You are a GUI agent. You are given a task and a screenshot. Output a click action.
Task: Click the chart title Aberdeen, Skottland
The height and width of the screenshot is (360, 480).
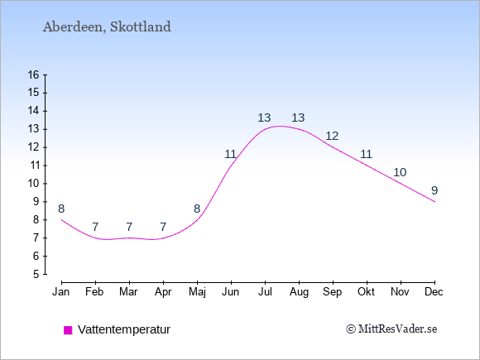pos(107,27)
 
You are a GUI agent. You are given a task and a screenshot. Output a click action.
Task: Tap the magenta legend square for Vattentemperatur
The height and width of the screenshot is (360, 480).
pos(68,330)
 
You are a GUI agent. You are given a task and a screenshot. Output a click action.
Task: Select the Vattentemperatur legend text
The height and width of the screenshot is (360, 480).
pos(124,329)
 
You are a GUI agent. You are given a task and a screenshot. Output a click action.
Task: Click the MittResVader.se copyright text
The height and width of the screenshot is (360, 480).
pos(391,329)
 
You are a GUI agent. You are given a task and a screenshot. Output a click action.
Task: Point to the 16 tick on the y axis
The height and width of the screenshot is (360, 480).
pos(33,74)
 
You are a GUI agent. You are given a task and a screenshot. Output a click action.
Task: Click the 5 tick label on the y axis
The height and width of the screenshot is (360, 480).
pos(36,274)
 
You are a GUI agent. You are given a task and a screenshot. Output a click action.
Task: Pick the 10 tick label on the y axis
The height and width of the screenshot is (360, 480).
pos(33,184)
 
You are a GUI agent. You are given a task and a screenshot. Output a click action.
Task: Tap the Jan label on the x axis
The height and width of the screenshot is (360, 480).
pos(61,292)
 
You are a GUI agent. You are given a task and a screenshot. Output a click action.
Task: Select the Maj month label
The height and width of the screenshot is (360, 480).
pos(197,292)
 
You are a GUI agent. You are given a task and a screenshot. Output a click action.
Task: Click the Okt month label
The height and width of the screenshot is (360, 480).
pos(366,292)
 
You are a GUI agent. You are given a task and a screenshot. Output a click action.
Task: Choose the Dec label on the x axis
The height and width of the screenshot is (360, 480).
pos(434,292)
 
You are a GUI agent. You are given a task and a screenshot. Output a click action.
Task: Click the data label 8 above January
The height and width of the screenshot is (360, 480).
pos(61,209)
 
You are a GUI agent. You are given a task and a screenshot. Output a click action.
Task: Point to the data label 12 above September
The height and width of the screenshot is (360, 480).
pos(332,136)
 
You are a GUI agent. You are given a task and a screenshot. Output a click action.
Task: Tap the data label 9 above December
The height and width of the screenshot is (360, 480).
pos(434,190)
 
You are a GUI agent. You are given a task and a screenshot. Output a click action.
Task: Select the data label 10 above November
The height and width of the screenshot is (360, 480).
pos(400,172)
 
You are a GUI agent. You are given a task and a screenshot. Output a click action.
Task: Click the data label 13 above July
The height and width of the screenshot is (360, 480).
pos(264,118)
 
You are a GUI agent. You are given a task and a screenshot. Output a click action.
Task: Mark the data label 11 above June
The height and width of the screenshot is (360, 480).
pos(231,154)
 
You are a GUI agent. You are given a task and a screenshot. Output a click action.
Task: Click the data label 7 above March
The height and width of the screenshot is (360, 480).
pos(129,227)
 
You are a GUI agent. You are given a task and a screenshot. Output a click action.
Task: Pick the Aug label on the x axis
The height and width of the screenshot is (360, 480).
pos(299,292)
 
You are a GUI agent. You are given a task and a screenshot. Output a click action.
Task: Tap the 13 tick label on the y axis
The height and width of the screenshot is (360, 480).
pos(33,129)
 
